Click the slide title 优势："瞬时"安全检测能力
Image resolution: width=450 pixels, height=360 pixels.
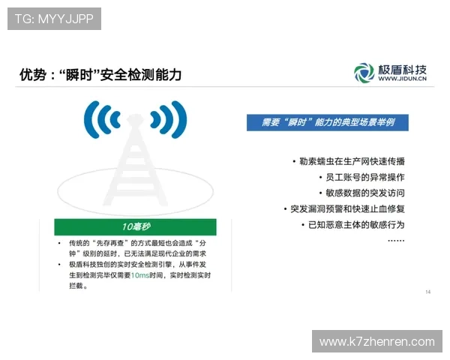pyautogui.click(x=100, y=75)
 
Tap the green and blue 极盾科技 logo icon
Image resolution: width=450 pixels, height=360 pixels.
pyautogui.click(x=364, y=73)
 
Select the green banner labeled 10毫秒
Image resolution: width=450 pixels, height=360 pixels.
pyautogui.click(x=136, y=227)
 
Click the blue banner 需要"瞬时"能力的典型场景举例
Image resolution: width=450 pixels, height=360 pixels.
pyautogui.click(x=332, y=122)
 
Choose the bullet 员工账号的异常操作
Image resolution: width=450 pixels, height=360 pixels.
pyautogui.click(x=363, y=177)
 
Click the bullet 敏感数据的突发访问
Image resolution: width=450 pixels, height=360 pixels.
pyautogui.click(x=363, y=193)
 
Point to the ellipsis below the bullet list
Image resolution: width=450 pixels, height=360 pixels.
pyautogui.click(x=396, y=240)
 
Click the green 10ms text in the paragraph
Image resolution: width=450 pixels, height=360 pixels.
pyautogui.click(x=140, y=275)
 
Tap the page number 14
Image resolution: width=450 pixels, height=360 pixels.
pyautogui.click(x=427, y=292)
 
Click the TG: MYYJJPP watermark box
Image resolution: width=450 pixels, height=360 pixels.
pyautogui.click(x=54, y=19)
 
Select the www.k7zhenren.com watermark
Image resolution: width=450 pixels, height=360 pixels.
pyautogui.click(x=377, y=341)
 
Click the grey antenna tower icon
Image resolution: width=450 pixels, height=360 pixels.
pyautogui.click(x=135, y=165)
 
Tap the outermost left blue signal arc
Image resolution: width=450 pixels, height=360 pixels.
pyautogui.click(x=89, y=118)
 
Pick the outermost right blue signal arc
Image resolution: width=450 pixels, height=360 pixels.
pyautogui.click(x=181, y=118)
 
